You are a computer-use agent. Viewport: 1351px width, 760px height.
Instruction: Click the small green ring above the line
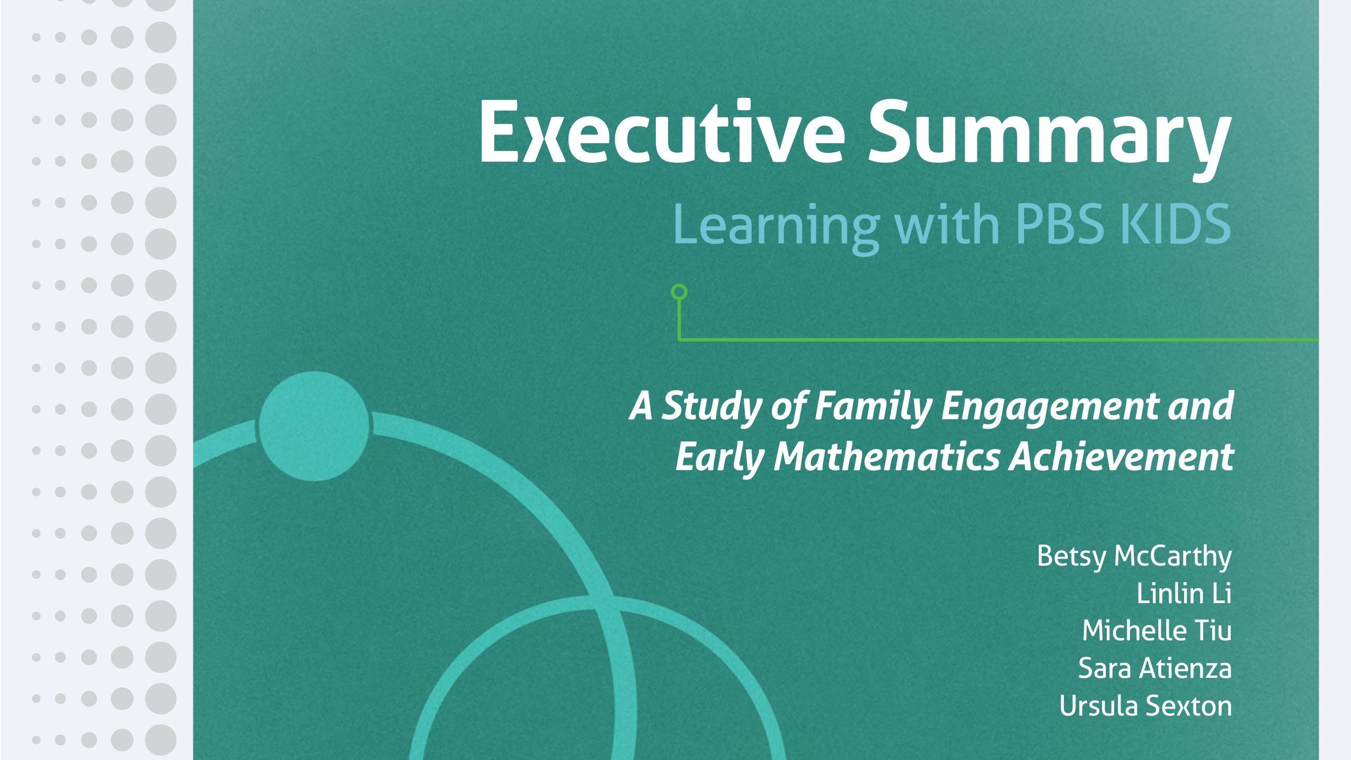(679, 292)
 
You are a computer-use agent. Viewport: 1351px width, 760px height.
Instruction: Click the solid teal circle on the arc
(314, 426)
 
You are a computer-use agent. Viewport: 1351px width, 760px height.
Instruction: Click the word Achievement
(1121, 457)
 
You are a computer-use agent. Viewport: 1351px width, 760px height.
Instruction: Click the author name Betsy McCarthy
(1134, 556)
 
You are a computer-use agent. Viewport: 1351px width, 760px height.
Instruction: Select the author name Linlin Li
(1184, 593)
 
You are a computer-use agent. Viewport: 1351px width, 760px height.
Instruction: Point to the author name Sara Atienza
(1154, 668)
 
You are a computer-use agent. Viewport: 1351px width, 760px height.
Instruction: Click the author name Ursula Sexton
(1145, 706)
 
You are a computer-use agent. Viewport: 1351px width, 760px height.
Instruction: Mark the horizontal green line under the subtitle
(996, 339)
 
